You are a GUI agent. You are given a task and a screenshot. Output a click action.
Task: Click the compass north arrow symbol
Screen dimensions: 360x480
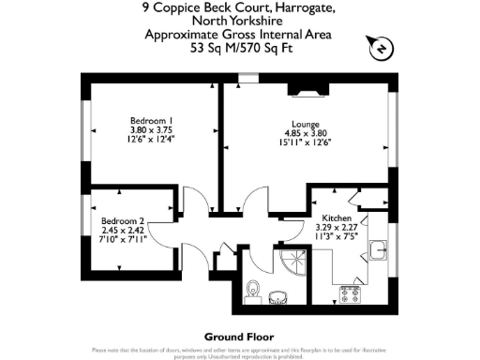click(x=382, y=47)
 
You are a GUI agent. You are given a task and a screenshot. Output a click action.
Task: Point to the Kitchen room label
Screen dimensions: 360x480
click(x=337, y=217)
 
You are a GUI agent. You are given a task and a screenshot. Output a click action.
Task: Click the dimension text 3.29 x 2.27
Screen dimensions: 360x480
click(x=337, y=226)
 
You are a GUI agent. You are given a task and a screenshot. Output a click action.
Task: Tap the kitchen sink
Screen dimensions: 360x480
click(x=379, y=251)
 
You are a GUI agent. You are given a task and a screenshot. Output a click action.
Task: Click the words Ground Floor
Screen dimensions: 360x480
click(x=238, y=336)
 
